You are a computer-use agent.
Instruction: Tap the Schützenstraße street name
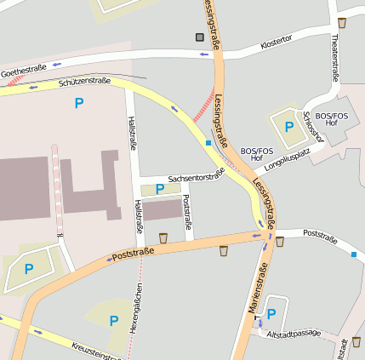click(x=85, y=82)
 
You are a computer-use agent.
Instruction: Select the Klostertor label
click(x=276, y=40)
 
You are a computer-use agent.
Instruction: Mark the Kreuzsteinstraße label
click(x=95, y=351)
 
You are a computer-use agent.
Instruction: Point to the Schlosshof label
click(x=311, y=129)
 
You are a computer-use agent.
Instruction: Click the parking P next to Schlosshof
click(x=288, y=127)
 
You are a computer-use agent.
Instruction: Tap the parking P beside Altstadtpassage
click(x=271, y=314)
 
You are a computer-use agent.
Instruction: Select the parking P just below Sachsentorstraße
click(x=159, y=189)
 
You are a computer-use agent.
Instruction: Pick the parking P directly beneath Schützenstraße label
click(x=79, y=103)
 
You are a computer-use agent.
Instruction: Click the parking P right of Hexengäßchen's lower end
click(x=114, y=320)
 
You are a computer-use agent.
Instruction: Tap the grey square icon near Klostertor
click(x=200, y=37)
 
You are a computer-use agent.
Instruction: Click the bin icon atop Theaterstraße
click(x=342, y=23)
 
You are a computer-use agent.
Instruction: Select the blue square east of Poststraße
click(x=354, y=254)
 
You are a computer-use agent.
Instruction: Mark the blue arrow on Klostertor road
click(x=204, y=54)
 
